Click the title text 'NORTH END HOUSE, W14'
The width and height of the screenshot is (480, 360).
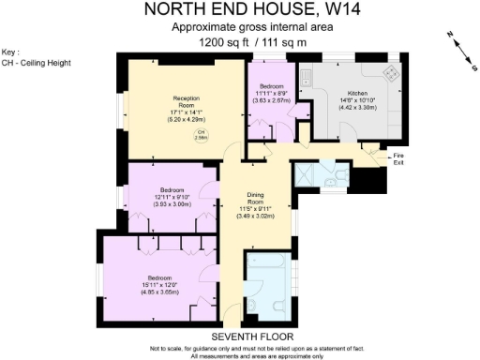(240, 10)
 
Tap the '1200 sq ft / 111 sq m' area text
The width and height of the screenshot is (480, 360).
(240, 42)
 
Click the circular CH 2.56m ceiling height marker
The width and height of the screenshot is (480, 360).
(201, 134)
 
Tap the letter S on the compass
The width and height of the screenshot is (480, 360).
(466, 67)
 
